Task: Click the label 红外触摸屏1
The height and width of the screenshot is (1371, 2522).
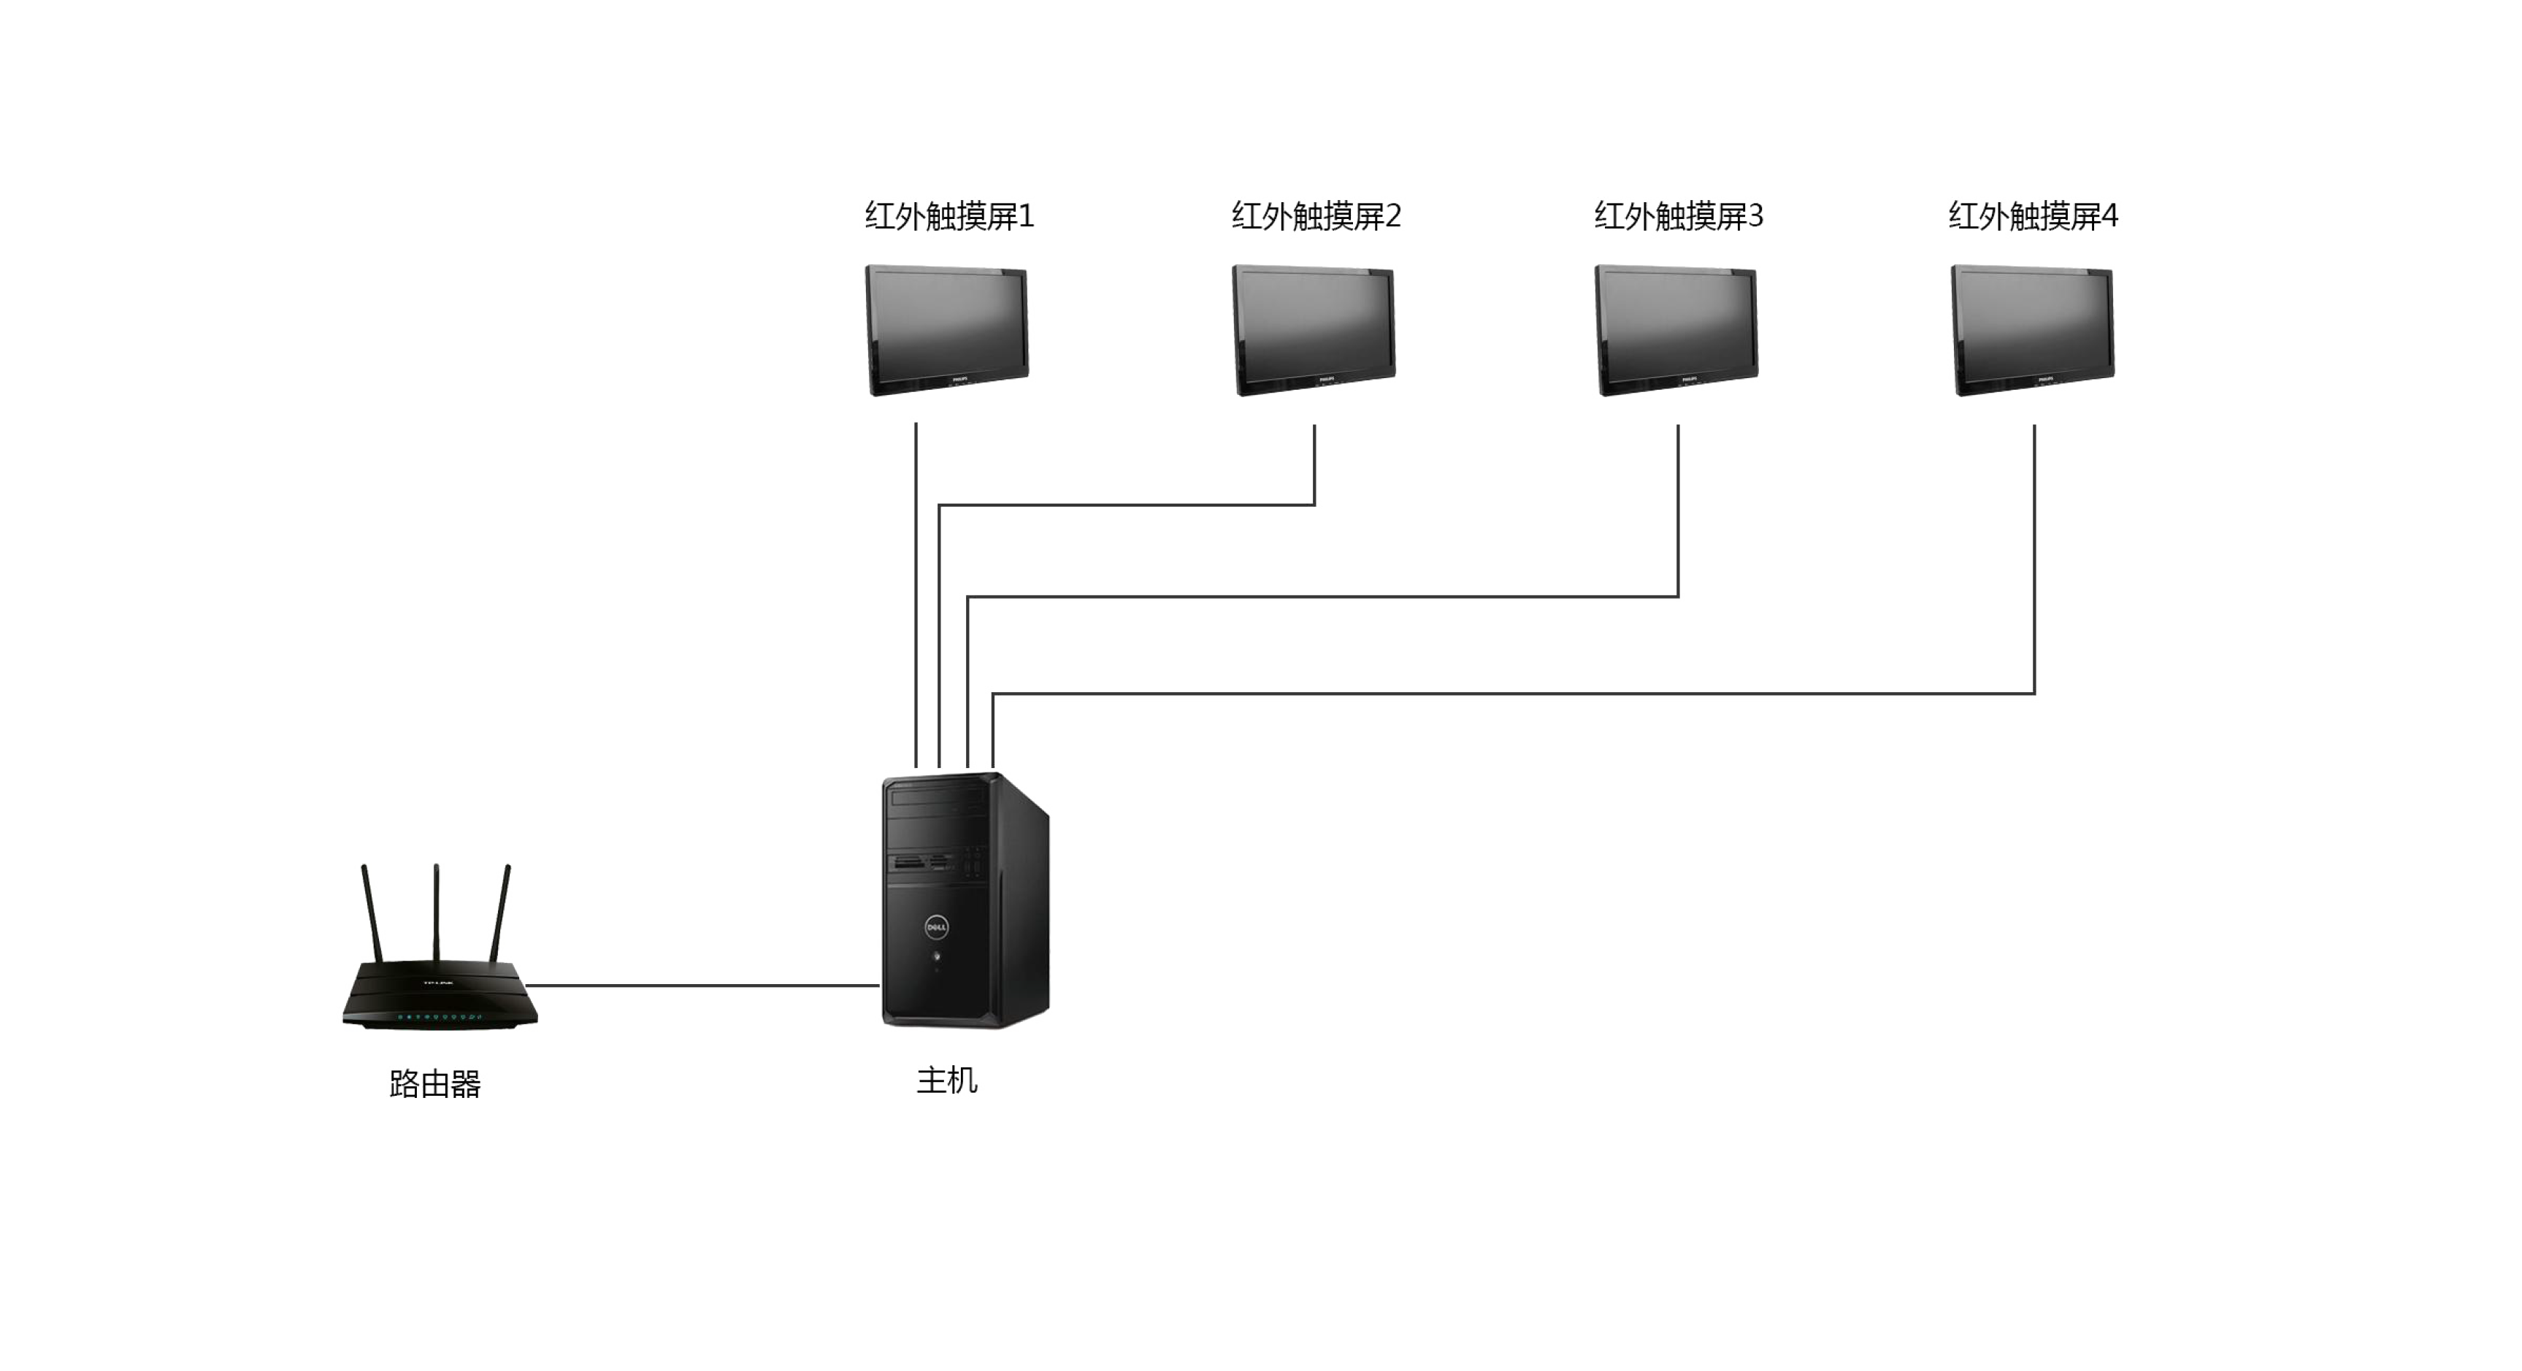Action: [948, 216]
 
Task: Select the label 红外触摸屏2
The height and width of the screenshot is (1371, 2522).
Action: [1316, 216]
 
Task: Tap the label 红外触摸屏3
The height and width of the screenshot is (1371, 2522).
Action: [1678, 216]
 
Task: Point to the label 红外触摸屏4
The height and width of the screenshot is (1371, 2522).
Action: [2033, 216]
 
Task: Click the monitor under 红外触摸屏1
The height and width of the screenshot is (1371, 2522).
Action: [947, 330]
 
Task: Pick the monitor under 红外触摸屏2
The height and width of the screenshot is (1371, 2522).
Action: [1313, 330]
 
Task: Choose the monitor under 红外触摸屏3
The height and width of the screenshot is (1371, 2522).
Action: [1676, 330]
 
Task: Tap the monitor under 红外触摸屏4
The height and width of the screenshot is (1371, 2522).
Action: [2033, 330]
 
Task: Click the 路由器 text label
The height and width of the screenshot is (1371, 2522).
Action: [434, 1084]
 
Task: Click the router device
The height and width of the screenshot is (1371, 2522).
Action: [440, 994]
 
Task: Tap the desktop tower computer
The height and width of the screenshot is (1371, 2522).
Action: [965, 900]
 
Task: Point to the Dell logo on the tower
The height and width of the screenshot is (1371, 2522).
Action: [937, 926]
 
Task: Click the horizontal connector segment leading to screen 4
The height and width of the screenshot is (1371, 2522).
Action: [1513, 694]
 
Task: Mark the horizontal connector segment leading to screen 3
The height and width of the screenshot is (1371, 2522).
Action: [1322, 596]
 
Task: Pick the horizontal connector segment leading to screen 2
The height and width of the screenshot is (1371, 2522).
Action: [1126, 505]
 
